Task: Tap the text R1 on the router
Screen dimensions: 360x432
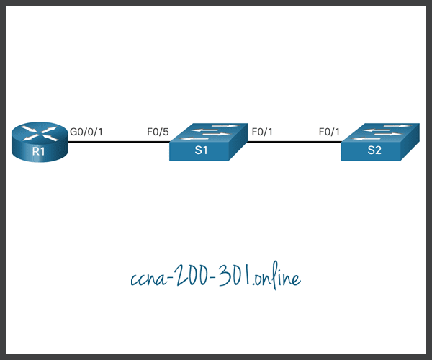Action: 40,152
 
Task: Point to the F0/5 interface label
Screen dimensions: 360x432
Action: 157,132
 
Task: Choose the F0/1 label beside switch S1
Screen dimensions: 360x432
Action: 261,132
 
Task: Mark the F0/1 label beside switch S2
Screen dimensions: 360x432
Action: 330,132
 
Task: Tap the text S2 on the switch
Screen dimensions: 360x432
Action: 373,150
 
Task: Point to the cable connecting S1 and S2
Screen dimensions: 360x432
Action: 294,142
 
